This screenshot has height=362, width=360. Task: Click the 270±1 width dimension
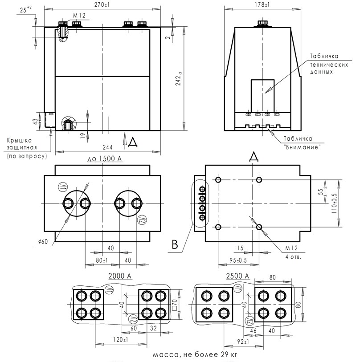tap(103, 4)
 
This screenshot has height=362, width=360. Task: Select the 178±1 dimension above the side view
tap(262, 4)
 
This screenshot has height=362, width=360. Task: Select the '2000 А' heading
tap(119, 276)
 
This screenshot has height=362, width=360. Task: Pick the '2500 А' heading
tap(237, 276)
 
